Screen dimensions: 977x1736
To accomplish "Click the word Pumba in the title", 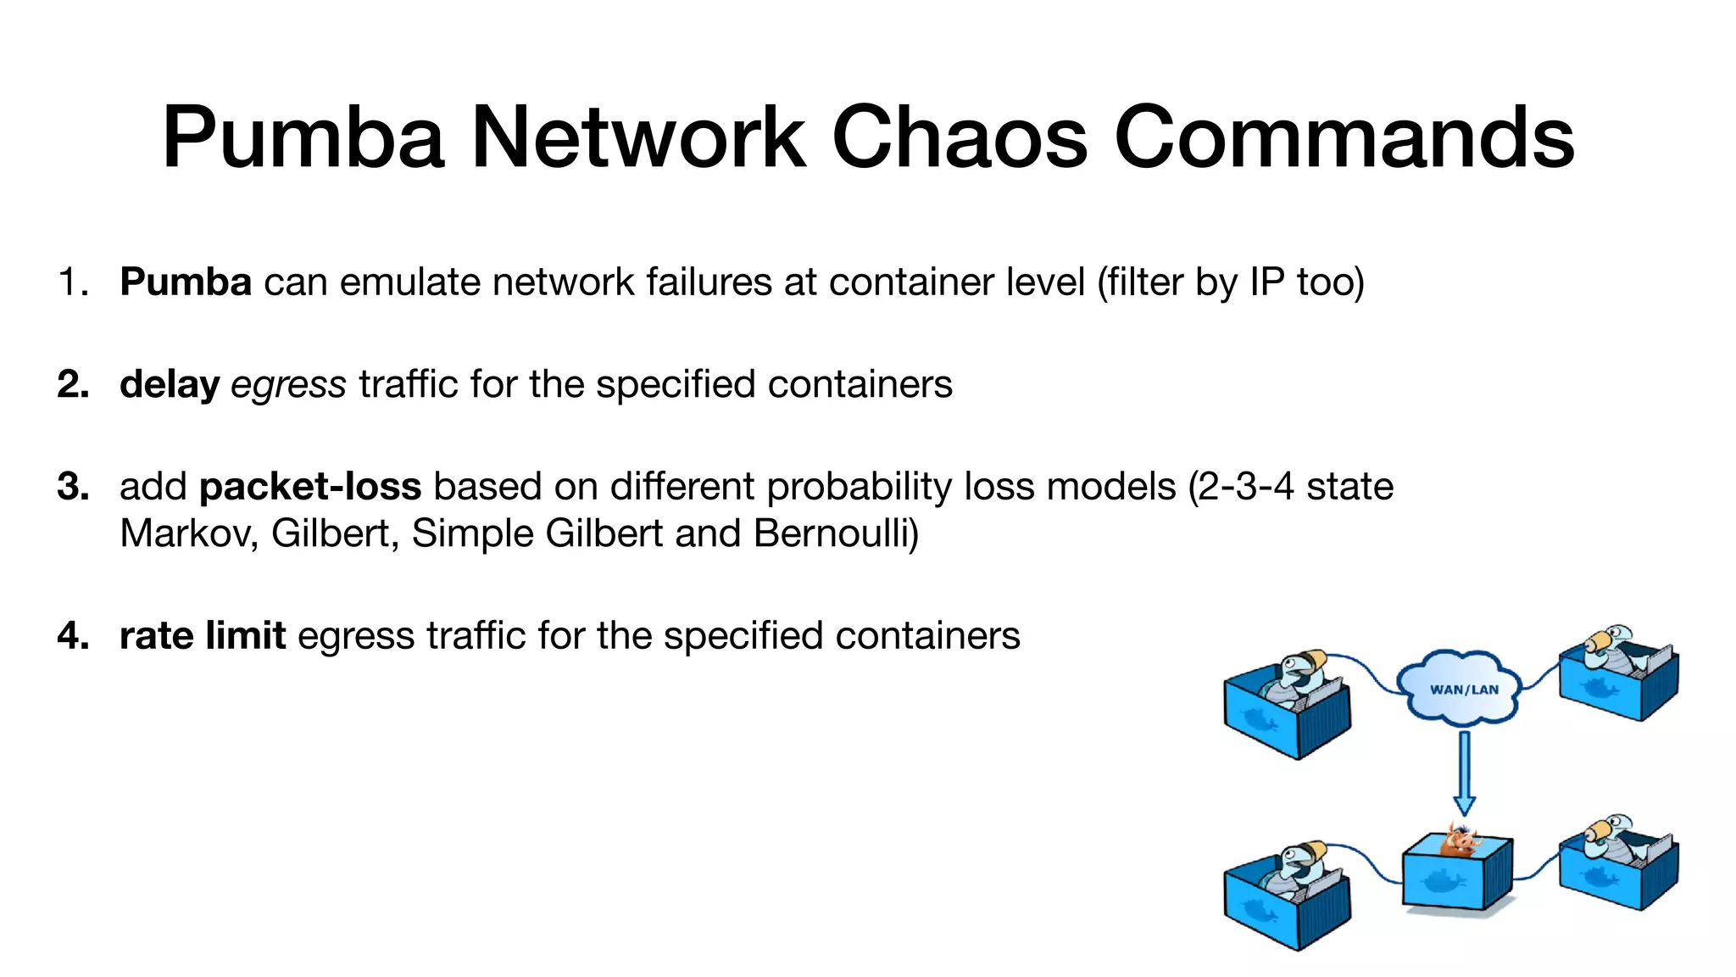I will click(303, 137).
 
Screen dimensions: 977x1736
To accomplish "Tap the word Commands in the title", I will click(1344, 137).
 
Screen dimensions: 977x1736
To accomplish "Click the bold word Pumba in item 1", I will click(185, 282).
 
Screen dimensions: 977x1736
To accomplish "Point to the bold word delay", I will click(170, 384).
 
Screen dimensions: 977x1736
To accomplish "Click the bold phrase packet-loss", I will click(310, 486).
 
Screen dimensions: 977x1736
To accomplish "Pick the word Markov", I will click(189, 533).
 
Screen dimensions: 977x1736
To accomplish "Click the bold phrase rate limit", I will click(203, 635).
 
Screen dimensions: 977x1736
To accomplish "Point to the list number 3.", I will click(73, 487).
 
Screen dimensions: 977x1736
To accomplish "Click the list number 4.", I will click(73, 636).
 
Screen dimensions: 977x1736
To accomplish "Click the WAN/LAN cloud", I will click(1463, 688).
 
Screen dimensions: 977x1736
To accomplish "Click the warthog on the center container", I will click(1461, 840).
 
